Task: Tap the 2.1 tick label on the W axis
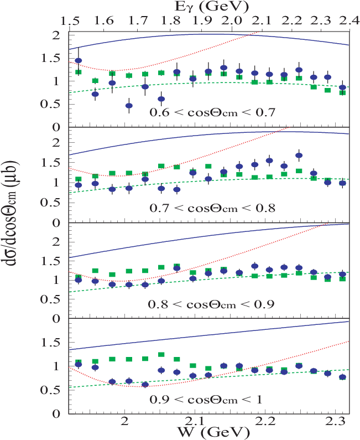[192, 421]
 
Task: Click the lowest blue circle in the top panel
[129, 105]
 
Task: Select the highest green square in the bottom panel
[161, 354]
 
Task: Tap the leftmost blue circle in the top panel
[78, 60]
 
